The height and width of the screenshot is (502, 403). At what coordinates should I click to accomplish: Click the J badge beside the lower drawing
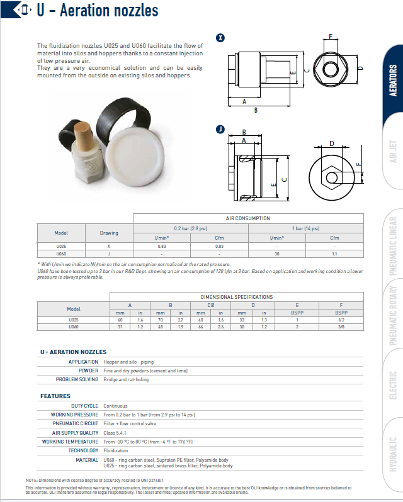[x=220, y=130]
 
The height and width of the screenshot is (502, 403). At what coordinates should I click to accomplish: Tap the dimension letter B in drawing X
[x=255, y=110]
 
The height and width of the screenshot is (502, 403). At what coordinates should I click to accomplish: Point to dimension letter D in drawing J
[x=331, y=144]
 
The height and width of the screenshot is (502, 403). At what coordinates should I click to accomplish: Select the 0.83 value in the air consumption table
[x=162, y=246]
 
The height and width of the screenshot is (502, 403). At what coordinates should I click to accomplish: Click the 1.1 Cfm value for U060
[x=334, y=254]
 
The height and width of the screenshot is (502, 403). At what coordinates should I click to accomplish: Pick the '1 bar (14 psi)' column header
[x=305, y=229]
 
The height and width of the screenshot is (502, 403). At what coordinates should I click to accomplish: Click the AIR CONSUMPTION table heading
[x=248, y=218]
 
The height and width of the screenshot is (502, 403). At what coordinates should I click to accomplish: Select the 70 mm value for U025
[x=161, y=320]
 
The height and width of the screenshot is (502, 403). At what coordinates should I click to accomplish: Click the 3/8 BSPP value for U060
[x=341, y=327]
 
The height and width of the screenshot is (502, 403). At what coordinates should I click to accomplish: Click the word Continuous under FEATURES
[x=115, y=406]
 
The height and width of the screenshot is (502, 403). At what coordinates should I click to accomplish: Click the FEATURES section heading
[x=55, y=396]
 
